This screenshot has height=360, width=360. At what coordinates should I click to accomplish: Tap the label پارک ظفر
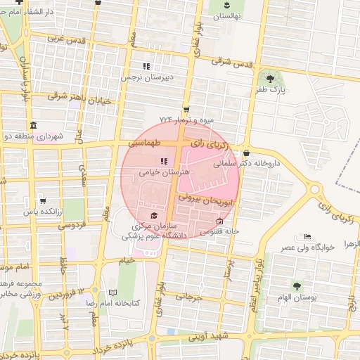271,90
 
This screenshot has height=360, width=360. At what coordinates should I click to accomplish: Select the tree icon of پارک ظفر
268,77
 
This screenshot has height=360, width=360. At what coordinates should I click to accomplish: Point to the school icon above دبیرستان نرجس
147,66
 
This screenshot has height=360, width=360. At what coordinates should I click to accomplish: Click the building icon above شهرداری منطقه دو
33,125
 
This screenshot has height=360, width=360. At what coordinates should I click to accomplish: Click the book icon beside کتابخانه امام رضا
114,292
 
